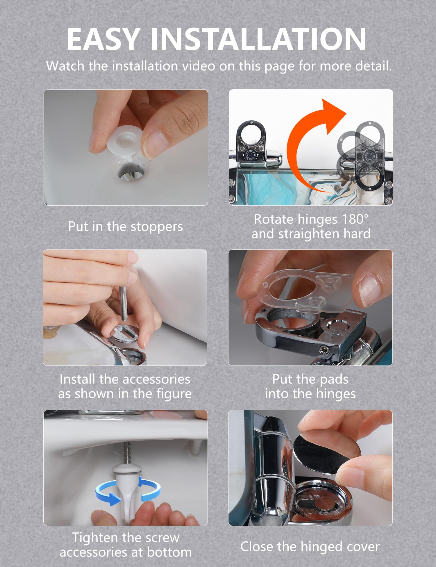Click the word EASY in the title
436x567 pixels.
pos(103,39)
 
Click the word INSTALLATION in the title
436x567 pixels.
pos(258,39)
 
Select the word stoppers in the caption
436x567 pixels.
pos(157,227)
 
